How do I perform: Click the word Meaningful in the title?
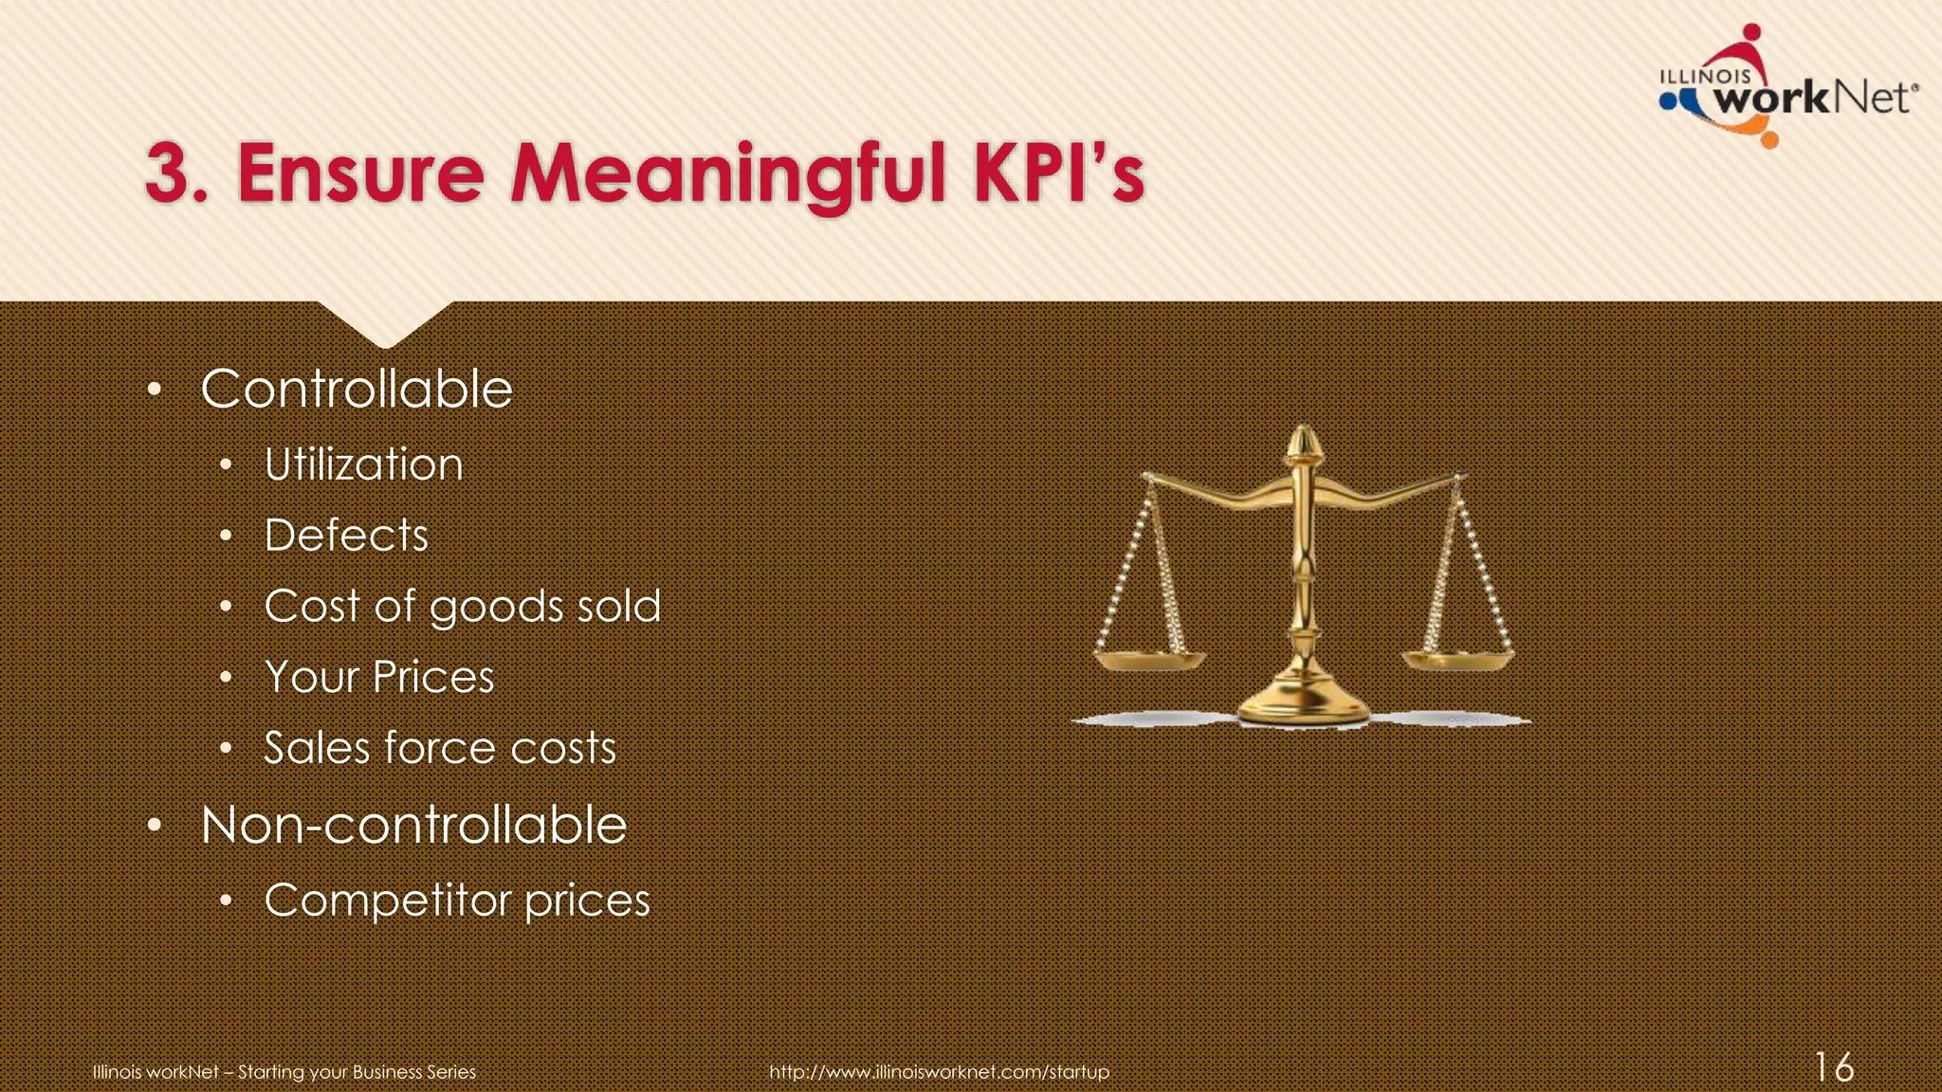(727, 174)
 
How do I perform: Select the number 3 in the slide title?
(169, 174)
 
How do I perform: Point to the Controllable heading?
(357, 389)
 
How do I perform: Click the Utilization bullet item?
(363, 464)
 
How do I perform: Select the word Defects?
(346, 536)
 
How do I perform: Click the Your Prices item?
(379, 677)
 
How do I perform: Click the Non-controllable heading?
(413, 825)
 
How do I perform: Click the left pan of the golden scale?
(1149, 660)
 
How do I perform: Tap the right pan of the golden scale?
(1457, 659)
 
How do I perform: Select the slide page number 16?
(1834, 1067)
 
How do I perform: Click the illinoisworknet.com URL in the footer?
(939, 1072)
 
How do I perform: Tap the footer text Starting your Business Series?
(357, 1072)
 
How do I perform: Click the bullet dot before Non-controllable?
(156, 826)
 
